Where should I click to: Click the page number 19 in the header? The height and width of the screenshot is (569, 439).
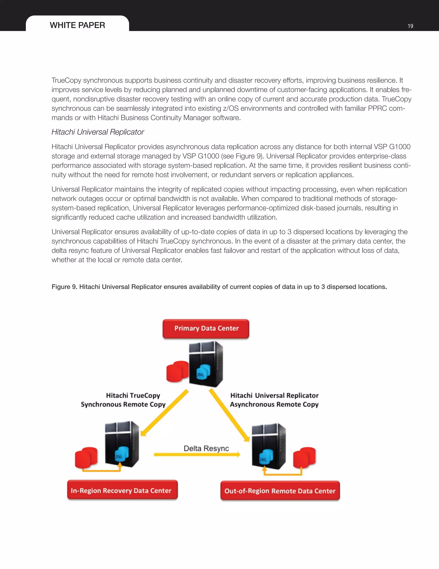410,26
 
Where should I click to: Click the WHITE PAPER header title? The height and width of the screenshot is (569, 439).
77,25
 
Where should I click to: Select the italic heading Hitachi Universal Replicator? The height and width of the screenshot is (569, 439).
98,132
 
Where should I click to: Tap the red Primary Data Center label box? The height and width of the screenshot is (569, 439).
206,329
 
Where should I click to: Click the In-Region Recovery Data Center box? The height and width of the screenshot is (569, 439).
122,490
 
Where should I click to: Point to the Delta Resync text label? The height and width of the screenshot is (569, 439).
206,448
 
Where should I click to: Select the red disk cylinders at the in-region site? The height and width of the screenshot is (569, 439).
86,458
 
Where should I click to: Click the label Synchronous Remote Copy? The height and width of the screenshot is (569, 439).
123,404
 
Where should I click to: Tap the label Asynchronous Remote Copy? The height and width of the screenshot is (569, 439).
274,404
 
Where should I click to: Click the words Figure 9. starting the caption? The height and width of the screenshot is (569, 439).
64,287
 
